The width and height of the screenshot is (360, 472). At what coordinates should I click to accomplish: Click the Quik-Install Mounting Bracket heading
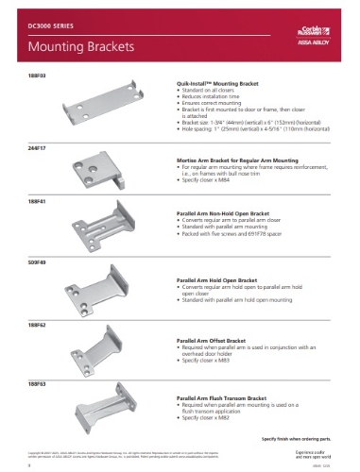coord(222,82)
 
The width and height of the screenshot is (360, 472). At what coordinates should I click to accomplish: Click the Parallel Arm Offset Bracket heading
coord(219,340)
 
